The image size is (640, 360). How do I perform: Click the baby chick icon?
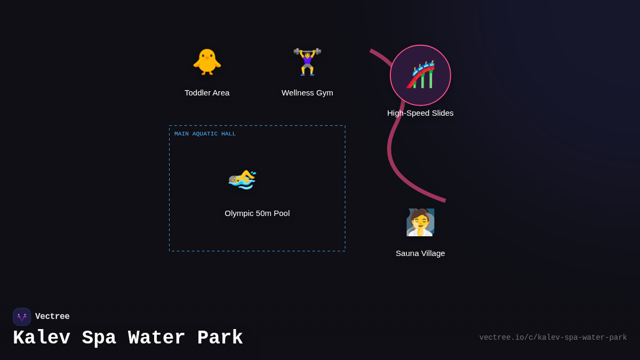[x=207, y=62]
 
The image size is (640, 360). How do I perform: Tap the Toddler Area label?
[x=207, y=93]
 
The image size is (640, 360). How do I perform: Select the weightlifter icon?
[x=307, y=62]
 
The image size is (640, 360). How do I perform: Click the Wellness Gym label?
[x=307, y=93]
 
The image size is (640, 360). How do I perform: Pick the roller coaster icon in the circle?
[x=420, y=75]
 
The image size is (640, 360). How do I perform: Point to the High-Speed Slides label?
[x=420, y=113]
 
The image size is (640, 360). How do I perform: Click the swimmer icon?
[x=243, y=179]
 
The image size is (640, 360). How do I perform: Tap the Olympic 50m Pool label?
[x=257, y=213]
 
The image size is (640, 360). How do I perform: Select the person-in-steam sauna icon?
[x=420, y=222]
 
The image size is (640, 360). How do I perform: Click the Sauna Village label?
[x=420, y=253]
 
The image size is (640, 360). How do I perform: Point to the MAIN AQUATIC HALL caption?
[x=205, y=134]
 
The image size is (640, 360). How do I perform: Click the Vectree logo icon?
[x=22, y=317]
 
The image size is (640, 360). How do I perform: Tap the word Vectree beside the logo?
[x=52, y=317]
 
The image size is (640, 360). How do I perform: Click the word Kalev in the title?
[x=42, y=338]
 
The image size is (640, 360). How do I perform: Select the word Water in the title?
[x=157, y=338]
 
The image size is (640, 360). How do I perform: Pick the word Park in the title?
[x=220, y=338]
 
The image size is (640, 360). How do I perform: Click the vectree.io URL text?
[x=553, y=338]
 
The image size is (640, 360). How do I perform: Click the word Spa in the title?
[x=99, y=338]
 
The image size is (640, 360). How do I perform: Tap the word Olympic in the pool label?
[x=238, y=213]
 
